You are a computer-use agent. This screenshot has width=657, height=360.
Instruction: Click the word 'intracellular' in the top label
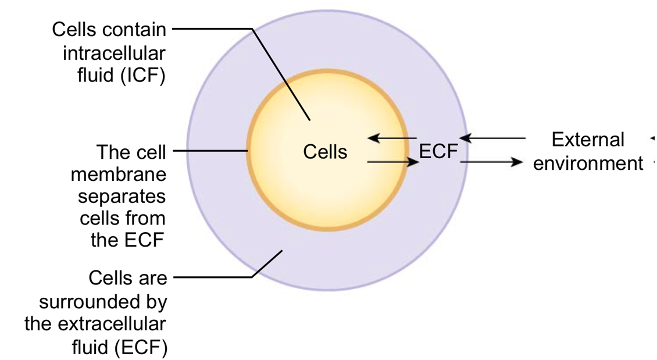114,54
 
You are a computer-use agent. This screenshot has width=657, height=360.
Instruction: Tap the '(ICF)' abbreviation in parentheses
144,76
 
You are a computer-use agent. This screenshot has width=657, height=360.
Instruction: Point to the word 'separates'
122,197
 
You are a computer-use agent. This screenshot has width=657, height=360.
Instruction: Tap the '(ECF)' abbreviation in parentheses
141,347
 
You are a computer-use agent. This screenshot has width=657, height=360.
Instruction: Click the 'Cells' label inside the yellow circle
325,152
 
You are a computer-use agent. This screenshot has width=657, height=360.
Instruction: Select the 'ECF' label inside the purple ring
438,152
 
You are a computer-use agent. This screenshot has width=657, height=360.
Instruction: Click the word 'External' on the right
588,140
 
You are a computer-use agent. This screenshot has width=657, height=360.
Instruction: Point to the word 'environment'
588,163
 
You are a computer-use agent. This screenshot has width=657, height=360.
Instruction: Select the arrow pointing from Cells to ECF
393,162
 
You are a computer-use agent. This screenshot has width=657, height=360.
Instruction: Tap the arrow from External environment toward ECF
494,138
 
